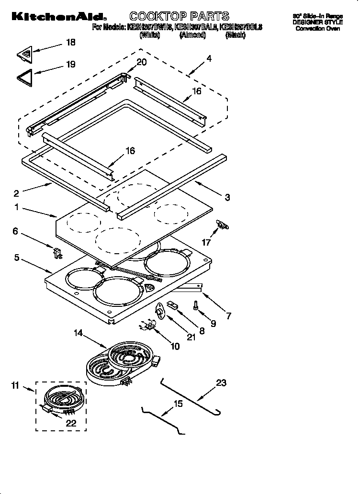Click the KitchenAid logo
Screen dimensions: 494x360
coord(56,17)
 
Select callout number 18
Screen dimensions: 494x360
coord(70,43)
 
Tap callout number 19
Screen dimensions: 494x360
coord(70,64)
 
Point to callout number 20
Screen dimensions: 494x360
coord(142,62)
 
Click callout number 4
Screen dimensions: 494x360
coord(209,59)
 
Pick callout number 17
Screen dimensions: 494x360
coord(206,243)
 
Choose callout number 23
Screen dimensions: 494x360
coord(221,382)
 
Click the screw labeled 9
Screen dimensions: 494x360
coord(196,305)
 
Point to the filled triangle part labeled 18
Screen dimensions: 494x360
coord(27,53)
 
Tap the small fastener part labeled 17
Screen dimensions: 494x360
coord(223,224)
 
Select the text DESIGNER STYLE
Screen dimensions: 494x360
coord(317,22)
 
